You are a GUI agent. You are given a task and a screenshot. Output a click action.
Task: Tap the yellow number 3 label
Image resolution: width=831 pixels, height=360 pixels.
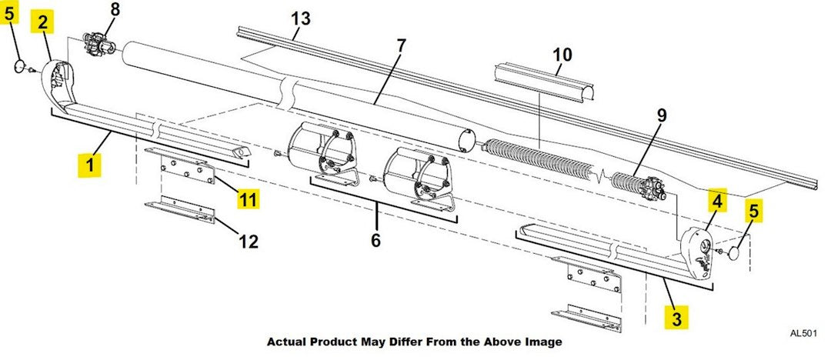click(x=676, y=317)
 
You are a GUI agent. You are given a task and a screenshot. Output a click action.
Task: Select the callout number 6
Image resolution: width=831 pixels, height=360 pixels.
click(x=375, y=240)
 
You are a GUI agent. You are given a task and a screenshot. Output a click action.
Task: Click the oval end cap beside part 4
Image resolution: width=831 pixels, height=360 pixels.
click(x=737, y=252)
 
